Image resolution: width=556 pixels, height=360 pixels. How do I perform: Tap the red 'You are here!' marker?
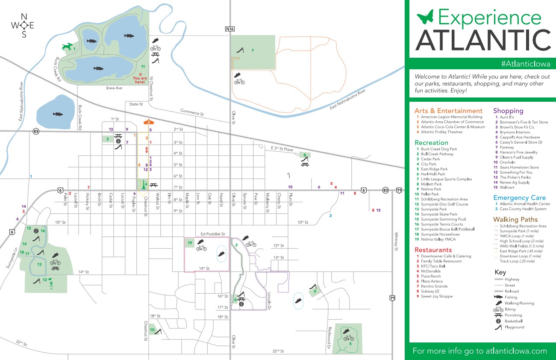click(140, 78)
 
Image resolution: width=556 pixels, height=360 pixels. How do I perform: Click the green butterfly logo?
click(425, 18)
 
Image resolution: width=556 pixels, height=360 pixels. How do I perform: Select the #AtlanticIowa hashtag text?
click(526, 64)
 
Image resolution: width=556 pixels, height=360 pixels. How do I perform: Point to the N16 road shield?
click(230, 29)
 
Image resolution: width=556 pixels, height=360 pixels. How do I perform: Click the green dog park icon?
click(67, 47)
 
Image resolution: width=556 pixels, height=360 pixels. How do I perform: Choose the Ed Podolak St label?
click(212, 234)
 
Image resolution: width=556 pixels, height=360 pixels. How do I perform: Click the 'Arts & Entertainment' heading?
click(448, 111)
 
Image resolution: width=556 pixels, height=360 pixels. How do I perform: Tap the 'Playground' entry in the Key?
click(514, 327)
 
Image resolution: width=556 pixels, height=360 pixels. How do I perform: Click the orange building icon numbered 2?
click(148, 122)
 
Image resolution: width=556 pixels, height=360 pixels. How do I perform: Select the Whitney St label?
click(396, 242)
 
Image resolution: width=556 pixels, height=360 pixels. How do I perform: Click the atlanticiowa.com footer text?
click(480, 351)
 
